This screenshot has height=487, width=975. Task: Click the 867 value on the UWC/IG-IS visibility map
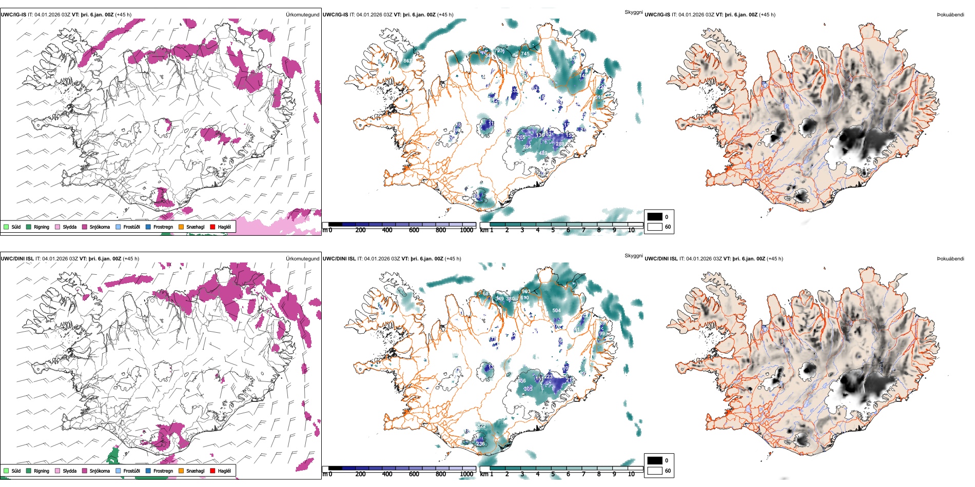(407, 61)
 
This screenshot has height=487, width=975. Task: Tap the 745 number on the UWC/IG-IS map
(525, 54)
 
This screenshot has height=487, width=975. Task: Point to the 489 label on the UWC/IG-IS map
(543, 153)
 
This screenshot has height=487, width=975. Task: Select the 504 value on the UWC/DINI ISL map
(556, 311)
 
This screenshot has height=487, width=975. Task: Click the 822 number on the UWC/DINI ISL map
(481, 426)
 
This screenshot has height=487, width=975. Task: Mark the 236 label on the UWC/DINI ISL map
(480, 444)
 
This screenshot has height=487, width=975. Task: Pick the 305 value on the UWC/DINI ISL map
(528, 389)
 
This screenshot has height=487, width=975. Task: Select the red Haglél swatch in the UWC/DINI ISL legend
(212, 471)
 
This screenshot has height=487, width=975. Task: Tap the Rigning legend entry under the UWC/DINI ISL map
(42, 471)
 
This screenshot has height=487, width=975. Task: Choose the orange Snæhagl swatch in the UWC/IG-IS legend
(181, 227)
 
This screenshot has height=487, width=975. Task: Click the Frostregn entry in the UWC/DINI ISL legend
(163, 471)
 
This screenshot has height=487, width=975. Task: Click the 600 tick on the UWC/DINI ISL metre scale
(414, 474)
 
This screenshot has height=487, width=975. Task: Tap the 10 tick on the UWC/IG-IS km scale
(631, 230)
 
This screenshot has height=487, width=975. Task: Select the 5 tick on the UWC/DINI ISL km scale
(553, 474)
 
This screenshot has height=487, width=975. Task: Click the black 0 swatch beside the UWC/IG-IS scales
(655, 217)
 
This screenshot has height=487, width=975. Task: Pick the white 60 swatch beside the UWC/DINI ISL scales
(655, 470)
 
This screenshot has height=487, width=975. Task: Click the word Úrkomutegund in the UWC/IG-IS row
(302, 15)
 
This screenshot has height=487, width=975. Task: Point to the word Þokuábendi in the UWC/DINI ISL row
(950, 259)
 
